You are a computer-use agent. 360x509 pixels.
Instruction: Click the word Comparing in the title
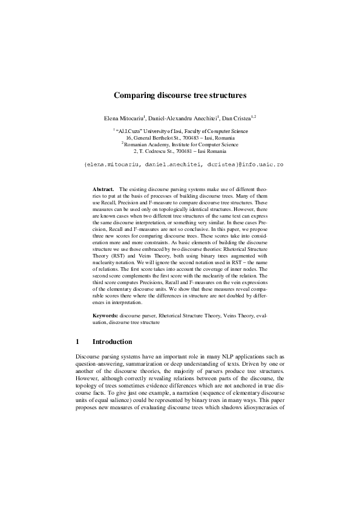(136, 95)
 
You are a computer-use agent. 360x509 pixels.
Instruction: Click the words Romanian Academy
(146, 145)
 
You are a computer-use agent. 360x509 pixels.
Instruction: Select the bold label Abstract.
(103, 190)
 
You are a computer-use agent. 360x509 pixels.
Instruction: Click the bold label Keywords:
(105, 316)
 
